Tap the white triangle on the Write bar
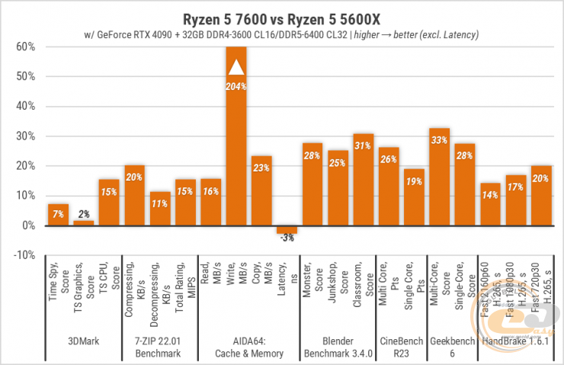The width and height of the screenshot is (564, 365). [236, 67]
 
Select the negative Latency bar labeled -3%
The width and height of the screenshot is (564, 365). [287, 229]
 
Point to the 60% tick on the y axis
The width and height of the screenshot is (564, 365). [24, 46]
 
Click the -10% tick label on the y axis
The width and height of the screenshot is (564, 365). [23, 255]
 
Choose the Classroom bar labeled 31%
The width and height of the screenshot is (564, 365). [364, 180]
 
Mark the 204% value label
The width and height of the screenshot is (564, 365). [236, 86]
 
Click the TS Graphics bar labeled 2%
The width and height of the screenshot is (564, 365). [83, 223]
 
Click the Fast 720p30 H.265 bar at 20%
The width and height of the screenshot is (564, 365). [541, 196]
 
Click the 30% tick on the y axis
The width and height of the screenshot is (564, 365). [24, 136]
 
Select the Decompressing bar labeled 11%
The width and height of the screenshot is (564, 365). [159, 209]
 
